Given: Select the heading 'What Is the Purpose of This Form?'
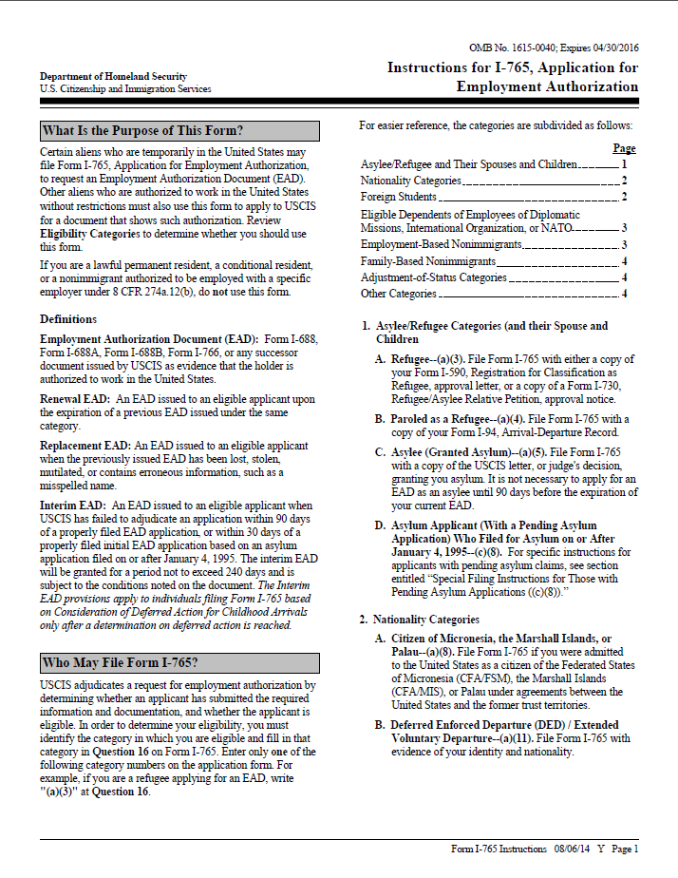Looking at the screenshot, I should pyautogui.click(x=142, y=131).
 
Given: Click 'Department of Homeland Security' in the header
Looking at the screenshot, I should pyautogui.click(x=113, y=76).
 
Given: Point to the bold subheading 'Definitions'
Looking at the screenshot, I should pyautogui.click(x=68, y=319).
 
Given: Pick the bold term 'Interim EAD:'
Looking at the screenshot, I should pyautogui.click(x=73, y=505).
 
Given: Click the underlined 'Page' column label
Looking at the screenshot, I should pyautogui.click(x=624, y=148).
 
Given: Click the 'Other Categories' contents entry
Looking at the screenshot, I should pyautogui.click(x=399, y=294).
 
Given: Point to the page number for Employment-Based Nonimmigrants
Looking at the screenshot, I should pyautogui.click(x=624, y=245).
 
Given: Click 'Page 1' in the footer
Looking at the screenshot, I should pyautogui.click(x=623, y=849).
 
